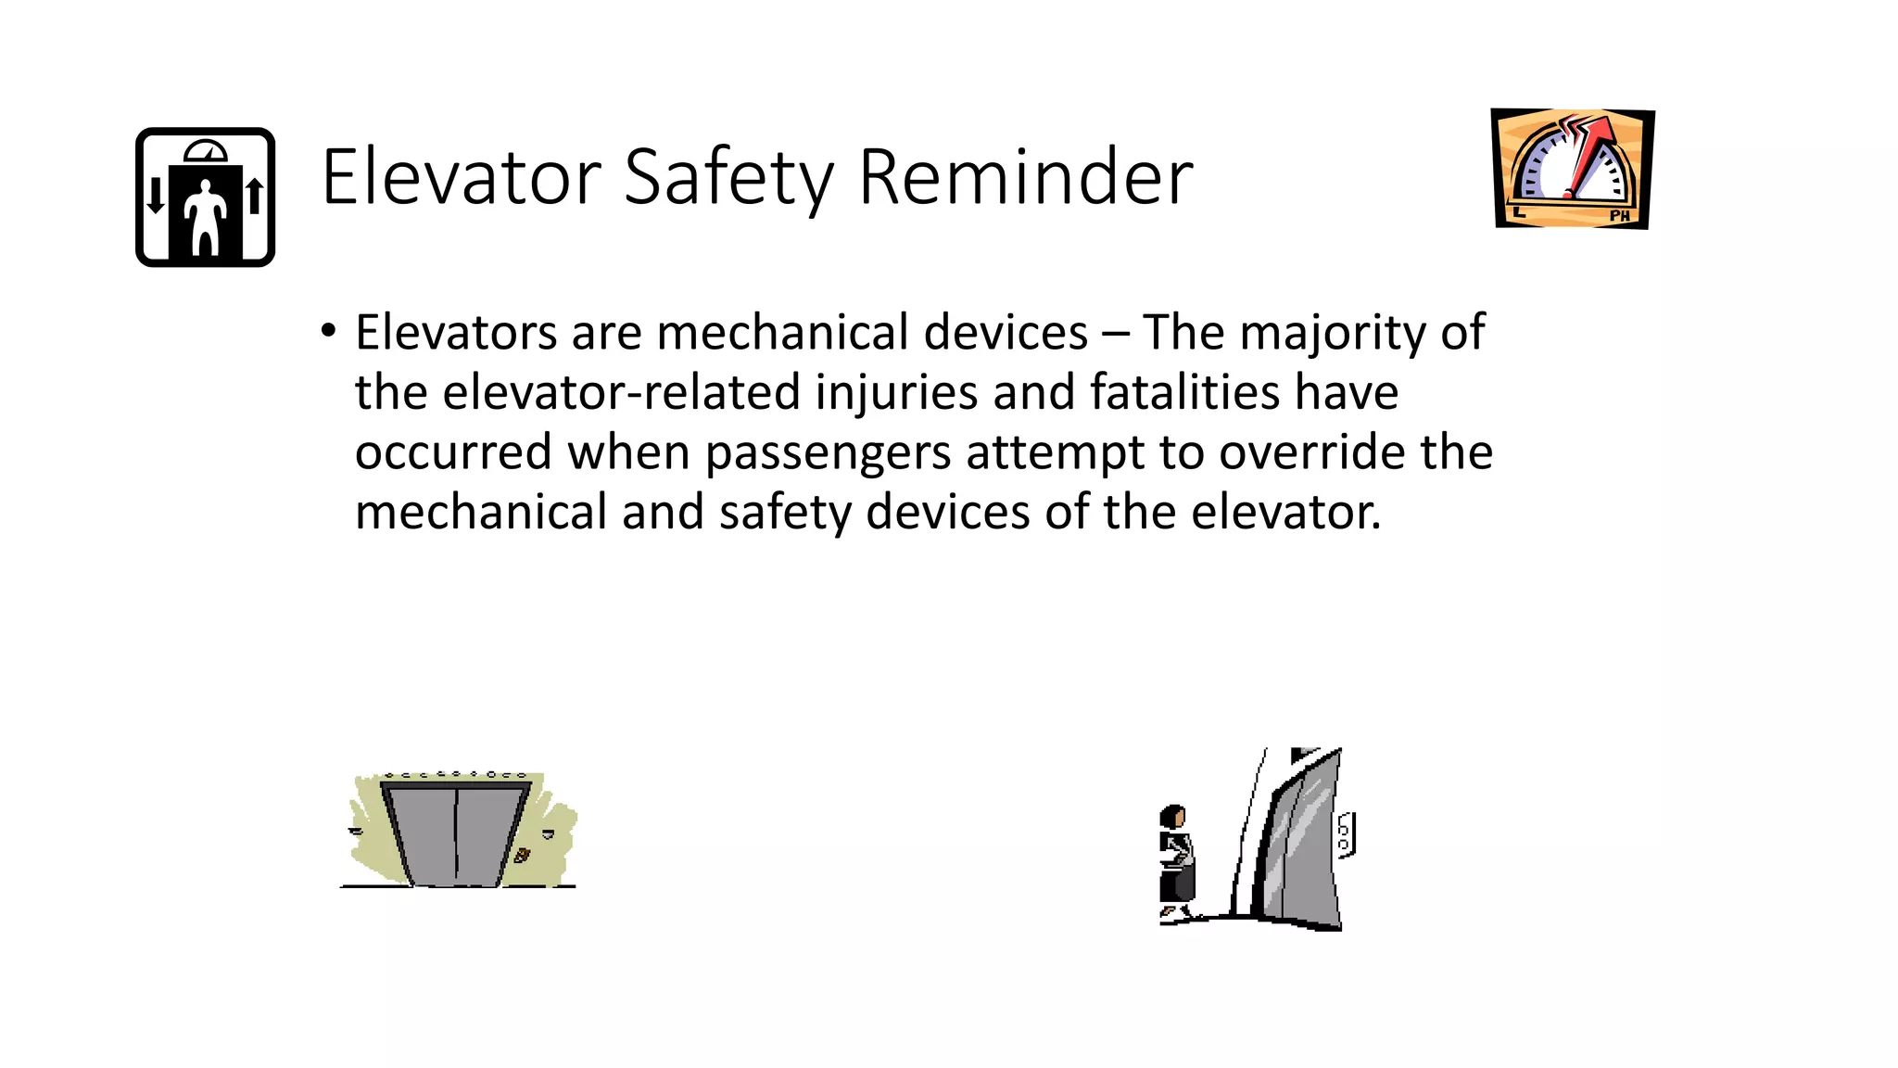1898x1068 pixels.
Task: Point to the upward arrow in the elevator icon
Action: [255, 196]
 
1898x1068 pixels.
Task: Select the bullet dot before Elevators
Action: [328, 331]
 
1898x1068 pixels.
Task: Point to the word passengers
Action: [828, 452]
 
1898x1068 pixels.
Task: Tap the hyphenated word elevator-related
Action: [621, 391]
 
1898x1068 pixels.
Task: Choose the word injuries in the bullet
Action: [896, 391]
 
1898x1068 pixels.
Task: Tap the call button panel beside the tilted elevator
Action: [1346, 834]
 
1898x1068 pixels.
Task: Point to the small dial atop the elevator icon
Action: [205, 151]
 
